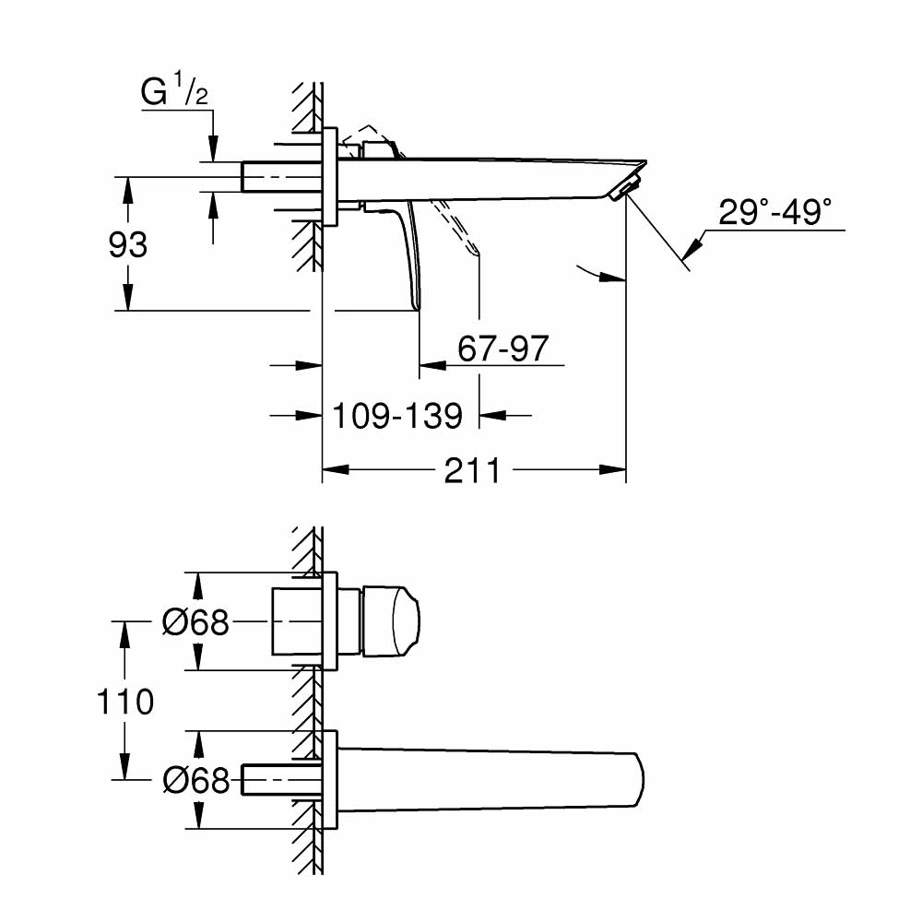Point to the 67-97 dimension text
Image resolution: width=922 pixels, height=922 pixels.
point(502,349)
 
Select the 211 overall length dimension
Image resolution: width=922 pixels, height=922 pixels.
point(472,470)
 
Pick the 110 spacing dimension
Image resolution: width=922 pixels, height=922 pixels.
point(125,702)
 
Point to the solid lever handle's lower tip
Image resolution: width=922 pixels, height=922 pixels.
point(417,304)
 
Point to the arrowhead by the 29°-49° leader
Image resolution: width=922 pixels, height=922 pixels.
point(694,244)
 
